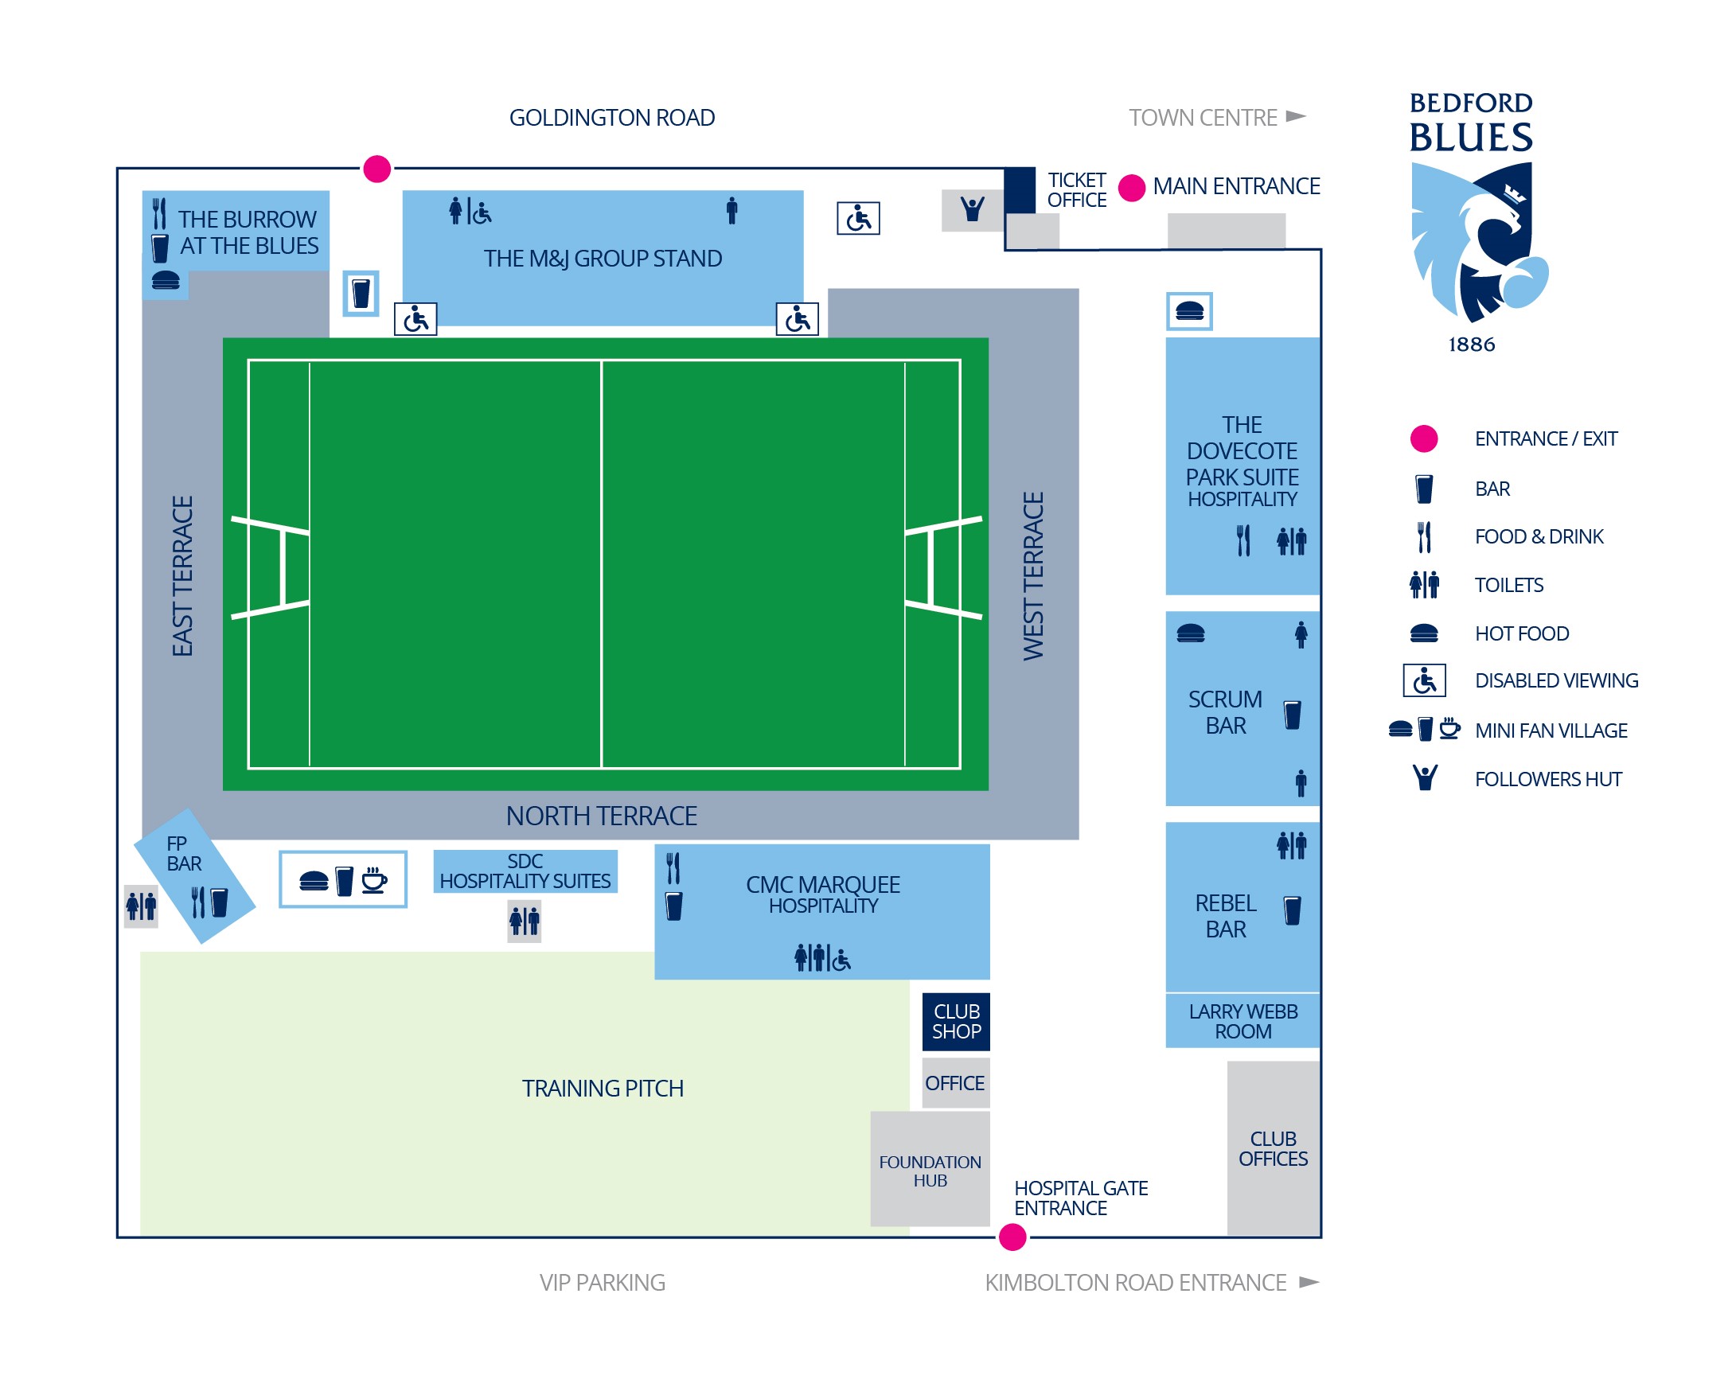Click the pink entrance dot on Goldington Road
376,169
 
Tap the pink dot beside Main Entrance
1132,188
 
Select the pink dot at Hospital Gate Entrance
1012,1237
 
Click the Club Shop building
956,1022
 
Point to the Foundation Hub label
930,1171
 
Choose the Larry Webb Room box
1243,1021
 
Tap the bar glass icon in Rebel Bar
1293,910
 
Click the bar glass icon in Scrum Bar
1293,715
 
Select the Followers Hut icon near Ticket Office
973,209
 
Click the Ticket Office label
1077,190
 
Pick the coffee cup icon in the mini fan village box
373,880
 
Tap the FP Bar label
184,853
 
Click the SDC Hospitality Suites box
525,871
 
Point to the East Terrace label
183,575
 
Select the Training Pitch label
603,1089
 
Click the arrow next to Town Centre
1296,116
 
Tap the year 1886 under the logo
1471,345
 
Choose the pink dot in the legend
1424,438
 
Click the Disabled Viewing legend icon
1424,681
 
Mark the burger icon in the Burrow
166,280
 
